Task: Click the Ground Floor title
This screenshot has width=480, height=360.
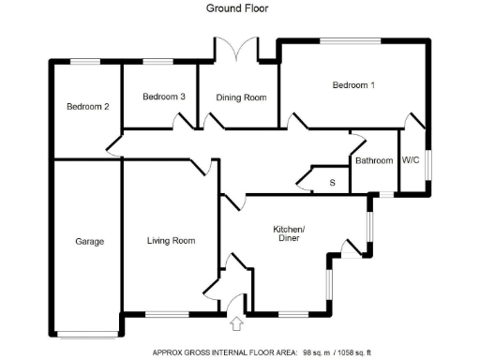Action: coord(238,8)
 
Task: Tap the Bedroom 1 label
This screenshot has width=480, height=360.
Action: coord(353,86)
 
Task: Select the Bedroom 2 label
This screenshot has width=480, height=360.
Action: coord(88,107)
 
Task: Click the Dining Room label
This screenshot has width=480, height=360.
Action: coord(241,97)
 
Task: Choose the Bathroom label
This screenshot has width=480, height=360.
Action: coord(373,160)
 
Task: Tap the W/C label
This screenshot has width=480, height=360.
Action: coord(411,160)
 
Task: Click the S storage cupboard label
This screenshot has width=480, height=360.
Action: coord(332,182)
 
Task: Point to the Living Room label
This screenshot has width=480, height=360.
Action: coord(171,241)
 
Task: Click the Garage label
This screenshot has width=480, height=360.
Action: coord(89,241)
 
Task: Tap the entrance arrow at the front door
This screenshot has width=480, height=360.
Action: coord(234,324)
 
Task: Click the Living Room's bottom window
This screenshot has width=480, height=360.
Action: coord(169,312)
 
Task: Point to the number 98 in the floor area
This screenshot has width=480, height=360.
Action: coord(307,352)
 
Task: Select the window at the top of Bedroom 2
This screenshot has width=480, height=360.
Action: coord(87,62)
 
